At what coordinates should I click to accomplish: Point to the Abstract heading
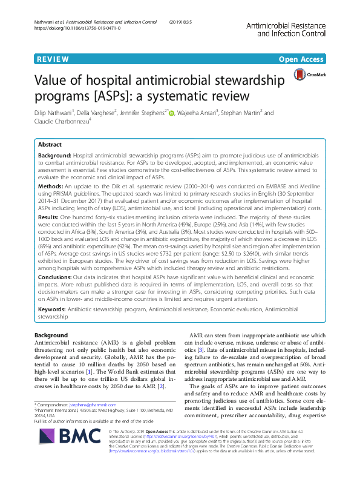click(x=50, y=145)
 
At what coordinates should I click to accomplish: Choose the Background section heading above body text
click(x=51, y=335)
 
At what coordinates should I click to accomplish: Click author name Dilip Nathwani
click(x=58, y=113)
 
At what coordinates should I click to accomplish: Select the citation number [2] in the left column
click(x=161, y=386)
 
